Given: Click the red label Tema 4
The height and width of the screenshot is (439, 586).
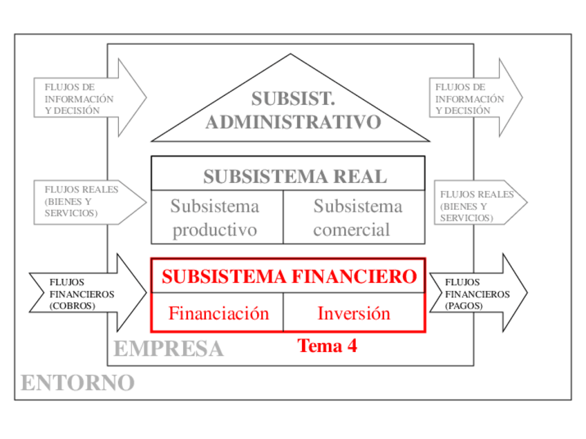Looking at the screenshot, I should pos(327,346).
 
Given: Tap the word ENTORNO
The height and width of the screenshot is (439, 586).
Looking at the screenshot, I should pos(77,382).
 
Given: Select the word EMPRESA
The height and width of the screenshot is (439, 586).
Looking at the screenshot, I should pos(168,349).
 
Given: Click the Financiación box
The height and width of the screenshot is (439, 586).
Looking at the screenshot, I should pos(218,313).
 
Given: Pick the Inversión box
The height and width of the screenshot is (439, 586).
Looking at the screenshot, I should pos(354,313).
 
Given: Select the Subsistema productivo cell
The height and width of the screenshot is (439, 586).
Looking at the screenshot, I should pos(215,217).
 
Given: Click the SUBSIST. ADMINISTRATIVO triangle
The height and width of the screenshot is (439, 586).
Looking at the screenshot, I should pos(291,110).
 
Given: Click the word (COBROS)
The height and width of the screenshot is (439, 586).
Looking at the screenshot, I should pos(73,306).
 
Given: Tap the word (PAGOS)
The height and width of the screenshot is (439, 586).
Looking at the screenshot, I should pos(464,305).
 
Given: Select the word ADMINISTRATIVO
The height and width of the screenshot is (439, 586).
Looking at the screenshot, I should pos(293,122).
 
